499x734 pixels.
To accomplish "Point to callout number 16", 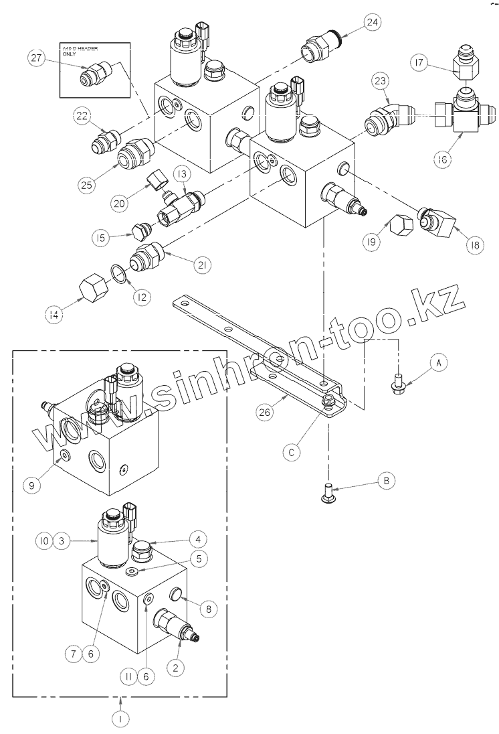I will point(442,159).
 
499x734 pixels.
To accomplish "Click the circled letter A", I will point(438,362).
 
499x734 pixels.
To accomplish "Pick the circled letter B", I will point(385,480).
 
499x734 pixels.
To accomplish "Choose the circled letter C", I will point(291,453).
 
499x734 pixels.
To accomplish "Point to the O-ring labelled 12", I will point(119,274).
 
